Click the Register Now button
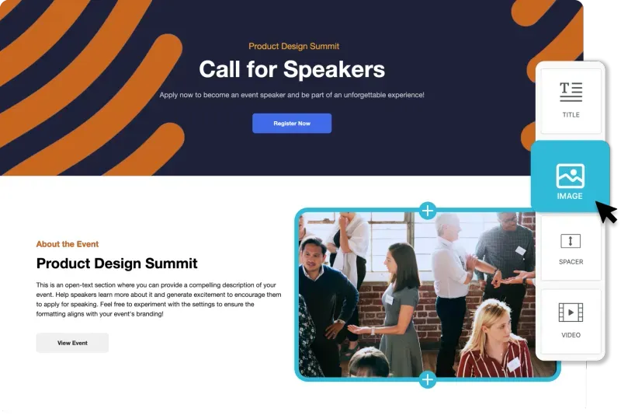292,124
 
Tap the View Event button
72,343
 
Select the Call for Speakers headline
292,69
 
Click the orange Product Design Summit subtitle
294,47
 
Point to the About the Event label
68,244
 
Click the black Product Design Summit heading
117,264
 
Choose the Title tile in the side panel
571,101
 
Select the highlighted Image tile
570,176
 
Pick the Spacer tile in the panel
571,249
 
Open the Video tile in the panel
571,321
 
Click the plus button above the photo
428,211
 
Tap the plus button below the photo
428,380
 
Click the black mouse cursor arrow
606,212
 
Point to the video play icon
571,313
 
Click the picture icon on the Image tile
571,176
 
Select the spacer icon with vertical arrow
571,241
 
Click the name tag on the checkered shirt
520,250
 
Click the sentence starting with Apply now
292,95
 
